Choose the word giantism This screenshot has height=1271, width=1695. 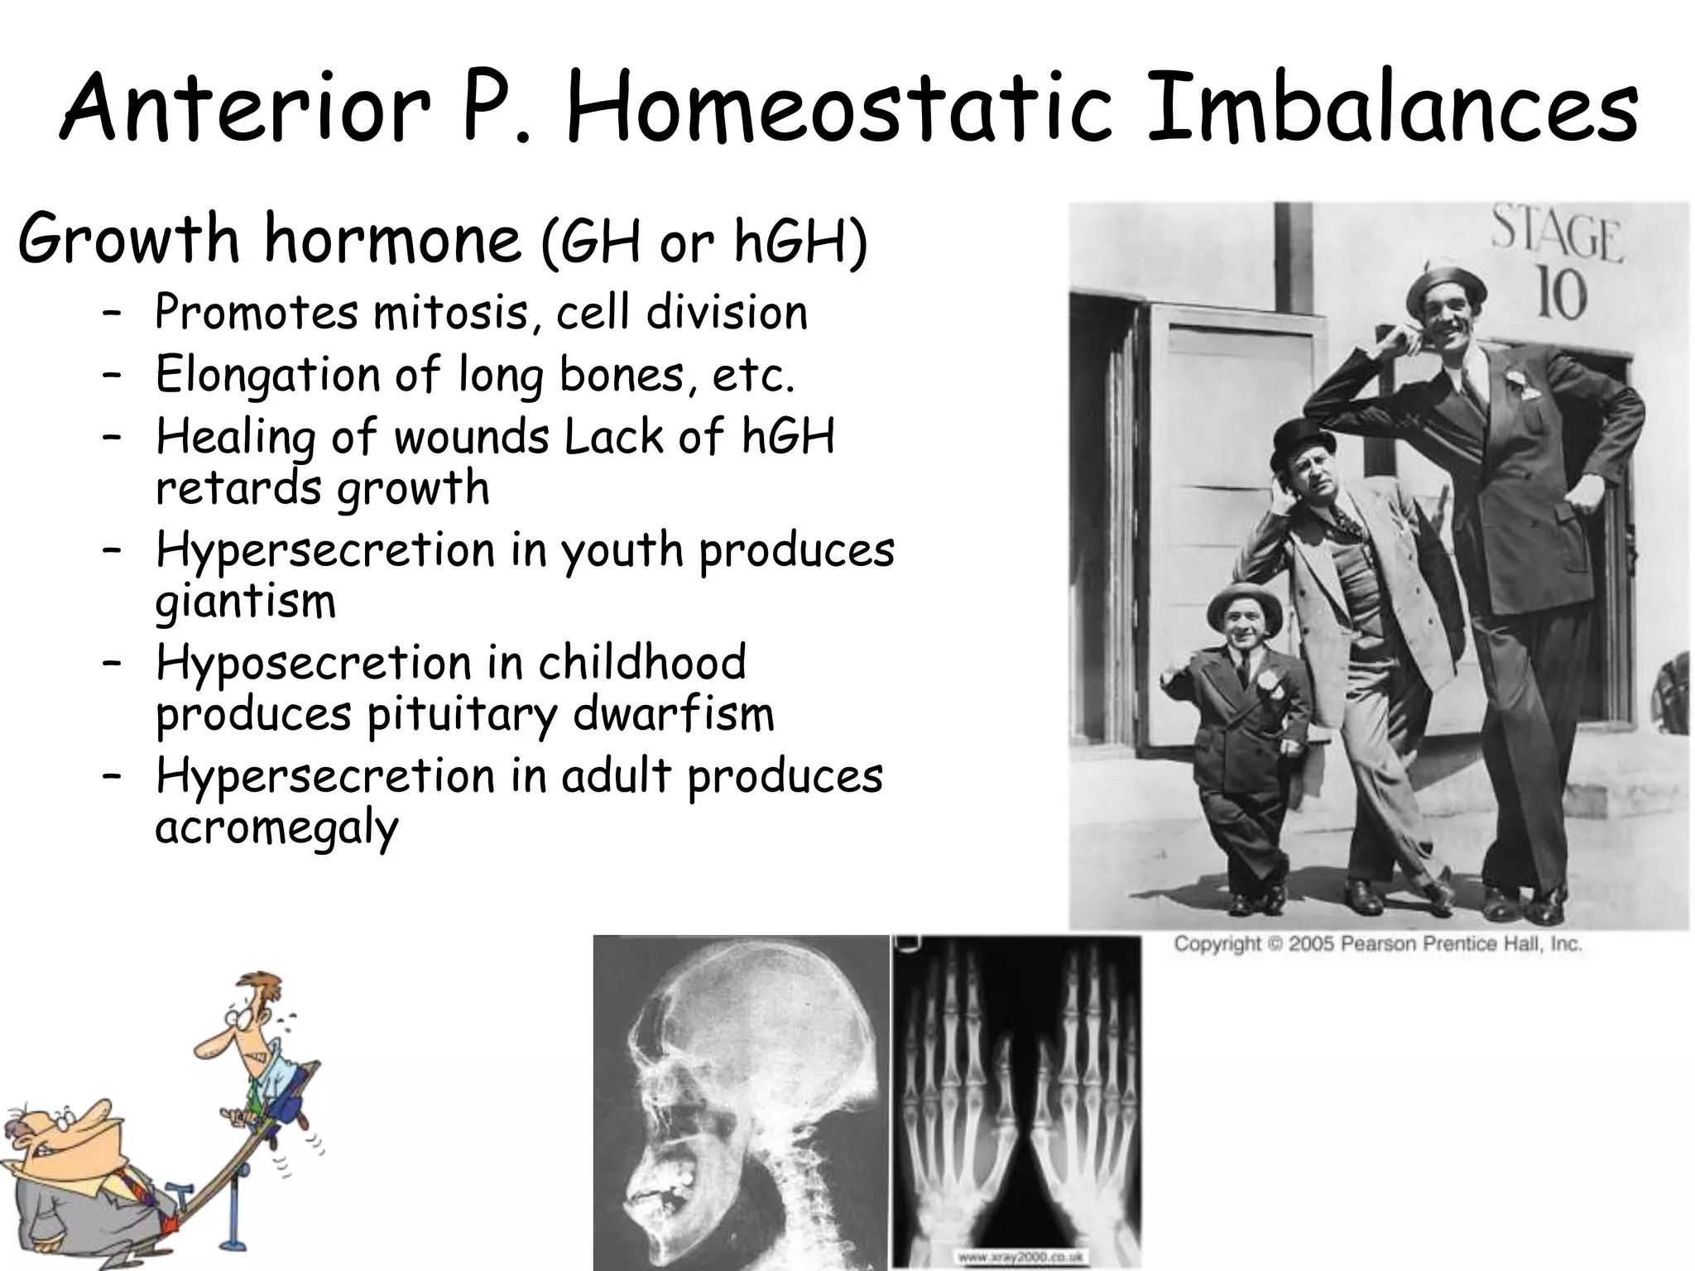click(x=246, y=602)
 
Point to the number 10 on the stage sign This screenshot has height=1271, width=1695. click(x=1561, y=294)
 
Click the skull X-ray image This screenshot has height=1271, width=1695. click(x=741, y=1101)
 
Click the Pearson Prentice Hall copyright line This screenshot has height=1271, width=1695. click(x=1377, y=944)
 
